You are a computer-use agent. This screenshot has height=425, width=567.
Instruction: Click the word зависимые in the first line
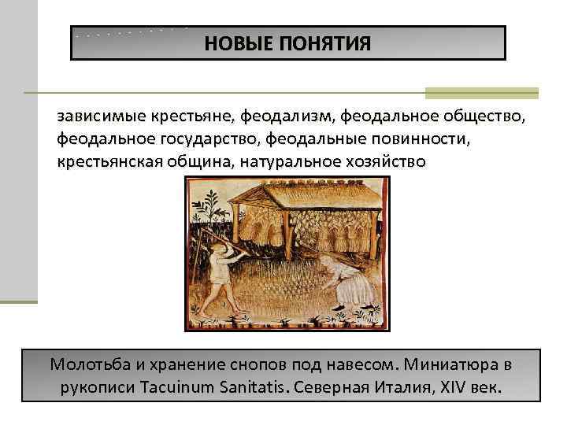click(x=94, y=117)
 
